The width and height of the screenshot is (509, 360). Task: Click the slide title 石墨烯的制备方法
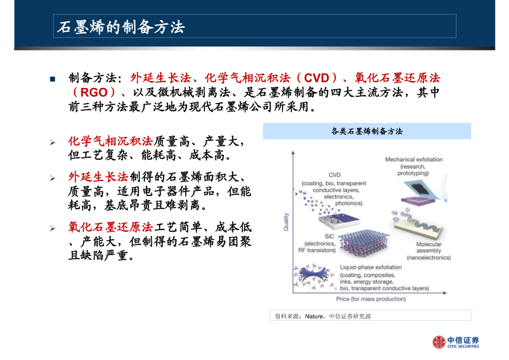[121, 27]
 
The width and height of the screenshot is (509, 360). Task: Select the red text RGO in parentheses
[94, 92]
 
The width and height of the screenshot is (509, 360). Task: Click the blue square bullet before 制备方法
[53, 79]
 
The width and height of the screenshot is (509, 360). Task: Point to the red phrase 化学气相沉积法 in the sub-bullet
[110, 141]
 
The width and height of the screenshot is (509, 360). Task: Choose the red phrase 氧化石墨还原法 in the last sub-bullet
[110, 227]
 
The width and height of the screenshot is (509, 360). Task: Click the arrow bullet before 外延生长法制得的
[53, 178]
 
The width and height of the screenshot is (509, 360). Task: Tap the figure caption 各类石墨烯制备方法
[367, 131]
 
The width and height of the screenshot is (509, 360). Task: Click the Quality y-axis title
[286, 222]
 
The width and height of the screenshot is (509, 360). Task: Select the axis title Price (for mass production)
[371, 299]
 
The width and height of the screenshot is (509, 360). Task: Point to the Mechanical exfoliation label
[414, 159]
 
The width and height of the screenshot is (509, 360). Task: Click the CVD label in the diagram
[334, 175]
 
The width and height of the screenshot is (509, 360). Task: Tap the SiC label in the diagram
[329, 237]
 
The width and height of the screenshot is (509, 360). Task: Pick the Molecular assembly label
[429, 247]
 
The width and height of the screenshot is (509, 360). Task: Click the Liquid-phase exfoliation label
[371, 267]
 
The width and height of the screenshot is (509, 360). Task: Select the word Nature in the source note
[313, 316]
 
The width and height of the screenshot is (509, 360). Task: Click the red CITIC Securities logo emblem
[439, 342]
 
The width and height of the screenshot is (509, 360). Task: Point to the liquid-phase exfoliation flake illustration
[314, 276]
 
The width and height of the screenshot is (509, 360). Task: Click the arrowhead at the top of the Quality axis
[293, 153]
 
